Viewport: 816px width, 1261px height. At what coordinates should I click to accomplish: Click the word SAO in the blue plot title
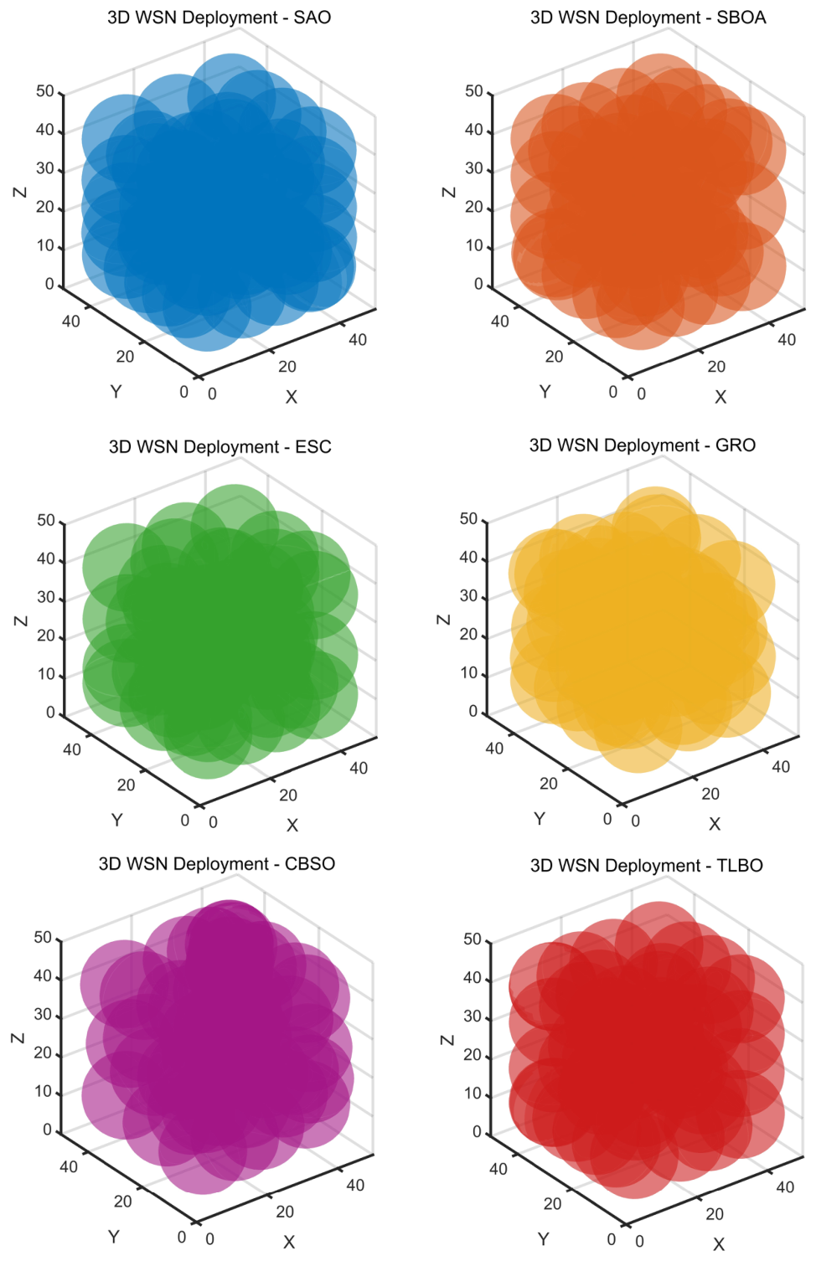pos(312,18)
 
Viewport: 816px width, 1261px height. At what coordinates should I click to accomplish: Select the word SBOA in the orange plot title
pos(741,18)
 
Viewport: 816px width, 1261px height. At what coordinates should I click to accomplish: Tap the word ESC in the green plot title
pos(313,447)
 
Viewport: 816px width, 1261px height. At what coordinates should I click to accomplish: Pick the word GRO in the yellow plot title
pos(735,445)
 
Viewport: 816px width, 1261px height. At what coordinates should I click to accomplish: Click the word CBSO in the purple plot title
pos(310,863)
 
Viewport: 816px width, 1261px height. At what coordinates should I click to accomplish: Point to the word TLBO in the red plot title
pos(739,865)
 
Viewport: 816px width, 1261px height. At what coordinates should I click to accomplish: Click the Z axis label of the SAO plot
pos(20,192)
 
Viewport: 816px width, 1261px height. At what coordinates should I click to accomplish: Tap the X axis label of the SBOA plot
pos(720,397)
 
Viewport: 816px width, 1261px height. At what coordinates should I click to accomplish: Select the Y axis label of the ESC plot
pos(116,820)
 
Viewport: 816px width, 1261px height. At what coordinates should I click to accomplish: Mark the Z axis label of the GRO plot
pos(444,620)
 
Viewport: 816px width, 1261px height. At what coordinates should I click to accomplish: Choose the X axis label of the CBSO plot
pos(289,1241)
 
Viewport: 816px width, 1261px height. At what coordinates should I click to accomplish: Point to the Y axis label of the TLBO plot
pos(544,1238)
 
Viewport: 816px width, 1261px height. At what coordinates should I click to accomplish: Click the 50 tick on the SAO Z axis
pos(45,90)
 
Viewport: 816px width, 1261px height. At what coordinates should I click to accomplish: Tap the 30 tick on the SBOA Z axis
pos(474,168)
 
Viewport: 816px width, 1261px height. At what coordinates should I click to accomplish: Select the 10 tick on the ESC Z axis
pos(46,674)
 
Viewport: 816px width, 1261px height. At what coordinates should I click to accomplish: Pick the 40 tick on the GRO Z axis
pos(468,558)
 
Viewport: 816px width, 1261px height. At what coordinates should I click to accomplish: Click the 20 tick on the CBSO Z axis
pos(43,1053)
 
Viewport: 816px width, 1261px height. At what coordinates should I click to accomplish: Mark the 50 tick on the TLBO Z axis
pos(473,939)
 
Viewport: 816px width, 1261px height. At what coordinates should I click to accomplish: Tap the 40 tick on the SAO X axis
pos(358,339)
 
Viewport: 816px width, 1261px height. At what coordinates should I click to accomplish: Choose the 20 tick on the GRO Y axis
pos(549,783)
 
